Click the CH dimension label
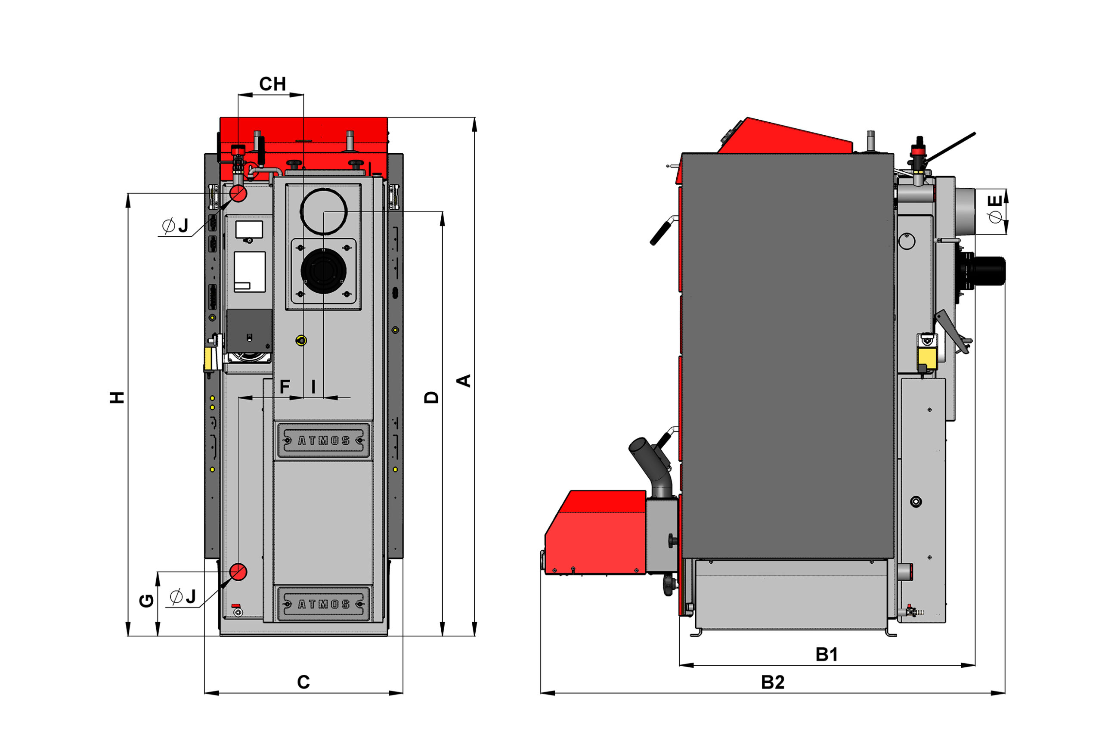coord(272,84)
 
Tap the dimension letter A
coord(464,380)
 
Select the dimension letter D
coord(431,397)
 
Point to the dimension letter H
coord(117,397)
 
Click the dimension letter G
coord(147,601)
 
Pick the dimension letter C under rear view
coord(303,682)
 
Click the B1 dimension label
coord(826,654)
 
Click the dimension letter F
coord(285,387)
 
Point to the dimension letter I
coord(313,387)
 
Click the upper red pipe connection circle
coord(238,193)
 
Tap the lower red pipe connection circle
coord(238,572)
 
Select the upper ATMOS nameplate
coord(323,440)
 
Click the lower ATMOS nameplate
coord(323,604)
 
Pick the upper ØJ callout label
coord(175,226)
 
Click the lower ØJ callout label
coord(183,597)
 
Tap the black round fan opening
coord(323,271)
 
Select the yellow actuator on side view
coord(927,358)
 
